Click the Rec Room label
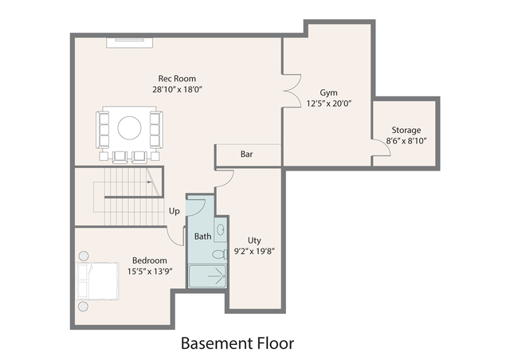coord(177,78)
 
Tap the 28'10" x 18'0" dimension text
coord(177,89)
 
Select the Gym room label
coord(329,92)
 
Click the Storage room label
coord(406,130)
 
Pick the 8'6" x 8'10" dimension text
coord(406,141)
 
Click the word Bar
coord(247,154)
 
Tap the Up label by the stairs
coord(174,211)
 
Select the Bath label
coord(203,237)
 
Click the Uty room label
coord(254,240)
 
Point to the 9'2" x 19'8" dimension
coord(255,251)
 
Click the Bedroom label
coord(149,260)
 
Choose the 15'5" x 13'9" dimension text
coord(149,272)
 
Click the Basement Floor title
coord(237,343)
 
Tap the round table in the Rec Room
coord(130,127)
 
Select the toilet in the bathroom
coord(218,256)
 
